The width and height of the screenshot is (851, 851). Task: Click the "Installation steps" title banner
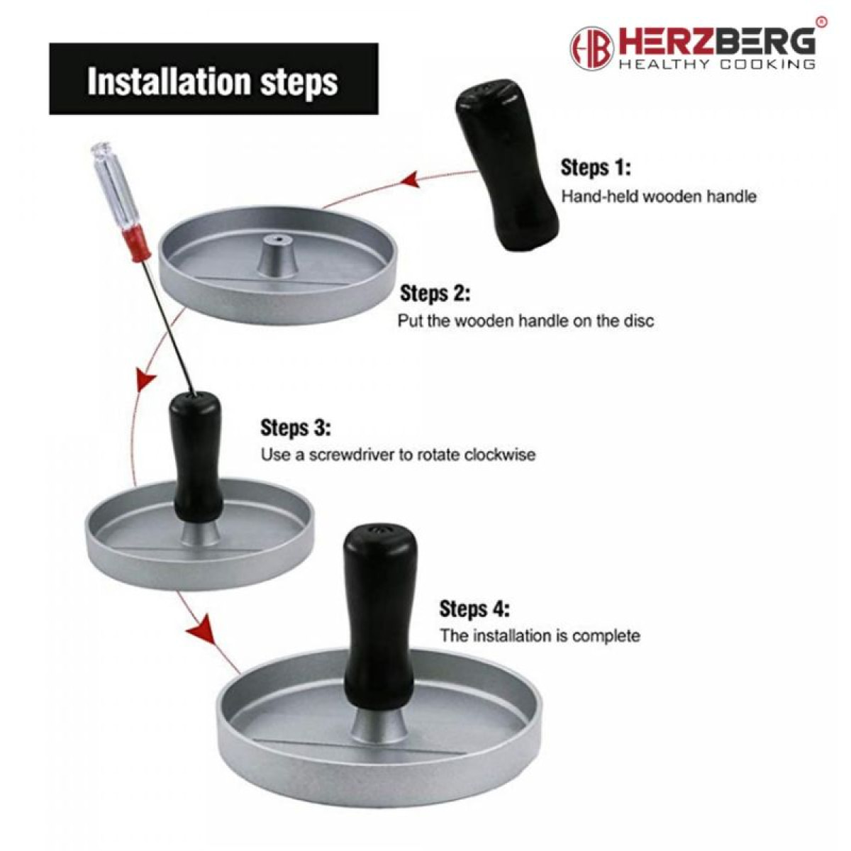tap(213, 79)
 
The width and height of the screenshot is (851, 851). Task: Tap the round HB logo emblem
tap(591, 48)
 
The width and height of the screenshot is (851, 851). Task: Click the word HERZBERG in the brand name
tap(716, 42)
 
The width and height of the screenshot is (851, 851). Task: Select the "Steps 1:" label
tap(596, 168)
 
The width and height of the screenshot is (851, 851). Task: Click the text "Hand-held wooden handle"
tap(659, 196)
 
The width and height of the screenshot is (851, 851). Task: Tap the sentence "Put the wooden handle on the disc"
tap(525, 321)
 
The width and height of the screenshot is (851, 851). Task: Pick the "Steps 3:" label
tap(296, 428)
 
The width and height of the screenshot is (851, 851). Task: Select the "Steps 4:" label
tap(474, 609)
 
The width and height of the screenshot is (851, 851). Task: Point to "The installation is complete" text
tap(540, 636)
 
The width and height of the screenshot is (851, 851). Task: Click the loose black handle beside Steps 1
tap(506, 170)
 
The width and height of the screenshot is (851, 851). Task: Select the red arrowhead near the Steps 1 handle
tap(411, 181)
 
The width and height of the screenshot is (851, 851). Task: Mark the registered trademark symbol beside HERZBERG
tap(821, 21)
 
